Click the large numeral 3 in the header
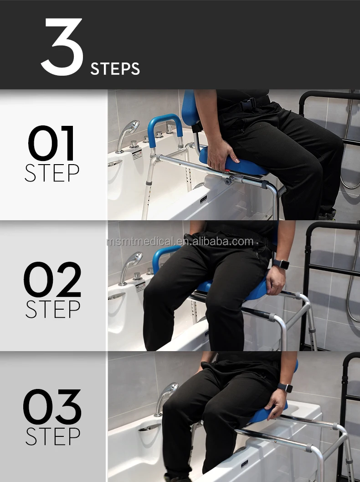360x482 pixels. (62, 47)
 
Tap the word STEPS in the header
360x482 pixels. (115, 69)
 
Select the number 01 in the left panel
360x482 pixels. (51, 143)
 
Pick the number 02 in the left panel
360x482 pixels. (52, 280)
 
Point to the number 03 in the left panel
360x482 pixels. (52, 407)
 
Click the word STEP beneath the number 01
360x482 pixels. (52, 173)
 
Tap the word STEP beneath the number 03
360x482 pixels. (53, 436)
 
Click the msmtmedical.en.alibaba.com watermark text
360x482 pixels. (180, 242)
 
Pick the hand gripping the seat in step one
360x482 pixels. (220, 154)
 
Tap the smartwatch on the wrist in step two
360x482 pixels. (281, 264)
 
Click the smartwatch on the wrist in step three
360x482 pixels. (285, 387)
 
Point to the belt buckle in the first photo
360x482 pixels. (247, 104)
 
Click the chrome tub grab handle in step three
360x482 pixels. (149, 427)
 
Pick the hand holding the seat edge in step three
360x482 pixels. (277, 403)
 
